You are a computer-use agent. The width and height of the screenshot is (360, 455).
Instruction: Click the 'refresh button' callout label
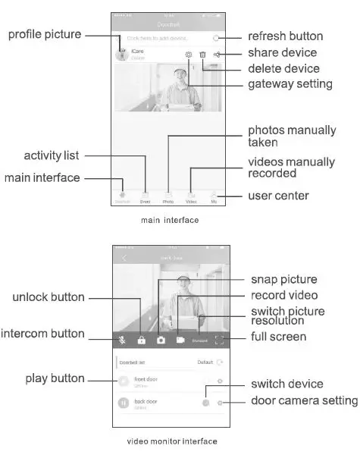(285, 36)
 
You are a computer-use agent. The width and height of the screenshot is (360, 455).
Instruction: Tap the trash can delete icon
(202, 55)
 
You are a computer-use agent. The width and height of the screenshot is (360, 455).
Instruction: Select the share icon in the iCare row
(218, 55)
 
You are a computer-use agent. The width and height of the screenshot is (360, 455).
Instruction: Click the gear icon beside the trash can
(188, 55)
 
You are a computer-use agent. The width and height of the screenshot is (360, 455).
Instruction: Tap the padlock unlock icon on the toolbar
(141, 340)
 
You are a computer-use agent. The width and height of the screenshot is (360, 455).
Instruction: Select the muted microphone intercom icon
(121, 340)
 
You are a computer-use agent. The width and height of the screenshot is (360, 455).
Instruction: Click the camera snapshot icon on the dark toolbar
(161, 340)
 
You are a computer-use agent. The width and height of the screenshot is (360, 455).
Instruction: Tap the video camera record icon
(181, 340)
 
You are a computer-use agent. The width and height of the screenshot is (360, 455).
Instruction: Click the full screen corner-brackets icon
(220, 340)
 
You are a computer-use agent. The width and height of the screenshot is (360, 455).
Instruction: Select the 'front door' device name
(146, 378)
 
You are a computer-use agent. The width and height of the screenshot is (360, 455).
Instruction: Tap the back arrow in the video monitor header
(124, 259)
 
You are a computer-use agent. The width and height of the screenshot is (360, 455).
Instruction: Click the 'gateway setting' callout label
(290, 83)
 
